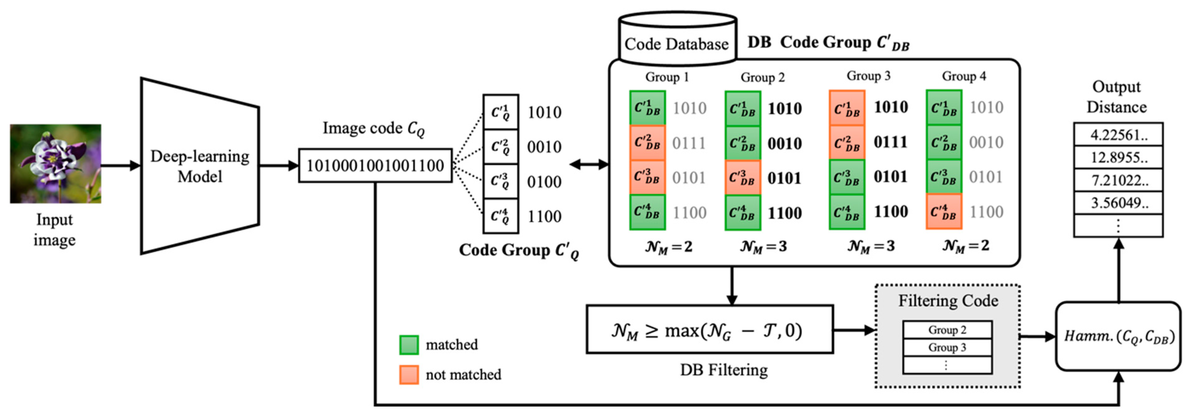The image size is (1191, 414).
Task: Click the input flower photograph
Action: pyautogui.click(x=56, y=164)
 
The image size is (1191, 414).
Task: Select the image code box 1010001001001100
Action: pyautogui.click(x=375, y=165)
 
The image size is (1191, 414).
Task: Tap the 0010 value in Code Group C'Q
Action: pyautogui.click(x=544, y=147)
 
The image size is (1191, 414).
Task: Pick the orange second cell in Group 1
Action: pyautogui.click(x=647, y=143)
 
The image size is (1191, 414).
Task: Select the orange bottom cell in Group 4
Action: pyautogui.click(x=944, y=212)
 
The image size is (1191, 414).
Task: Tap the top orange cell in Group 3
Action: pyautogui.click(x=847, y=108)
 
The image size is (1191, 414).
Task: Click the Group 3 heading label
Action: pyautogui.click(x=868, y=76)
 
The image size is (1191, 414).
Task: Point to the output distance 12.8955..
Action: pyautogui.click(x=1118, y=158)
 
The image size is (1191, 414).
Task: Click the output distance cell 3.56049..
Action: pyautogui.click(x=1118, y=203)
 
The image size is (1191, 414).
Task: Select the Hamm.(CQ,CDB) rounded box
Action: pyautogui.click(x=1118, y=336)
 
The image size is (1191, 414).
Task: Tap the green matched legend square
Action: pyautogui.click(x=409, y=345)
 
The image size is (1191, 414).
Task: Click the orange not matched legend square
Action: pyautogui.click(x=409, y=375)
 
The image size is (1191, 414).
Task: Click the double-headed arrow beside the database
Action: pyautogui.click(x=589, y=164)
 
